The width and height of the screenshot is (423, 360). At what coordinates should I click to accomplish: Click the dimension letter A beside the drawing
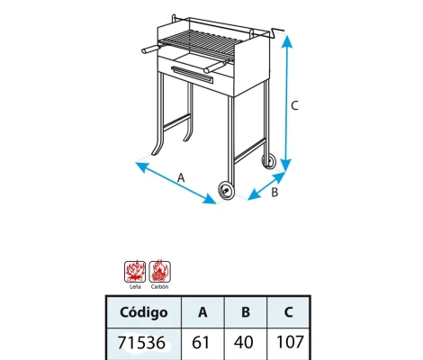coord(181,177)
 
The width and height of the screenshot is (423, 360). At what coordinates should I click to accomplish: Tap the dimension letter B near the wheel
coord(275,191)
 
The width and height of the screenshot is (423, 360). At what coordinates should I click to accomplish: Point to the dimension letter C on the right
coord(296,105)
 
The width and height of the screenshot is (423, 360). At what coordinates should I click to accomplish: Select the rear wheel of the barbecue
coord(269,161)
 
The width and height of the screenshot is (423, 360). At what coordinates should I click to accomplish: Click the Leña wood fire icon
coord(134,270)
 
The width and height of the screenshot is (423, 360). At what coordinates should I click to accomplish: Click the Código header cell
coord(143,312)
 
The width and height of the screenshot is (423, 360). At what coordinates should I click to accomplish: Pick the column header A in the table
coord(202,312)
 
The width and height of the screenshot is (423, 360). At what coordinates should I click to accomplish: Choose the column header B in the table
coord(244,312)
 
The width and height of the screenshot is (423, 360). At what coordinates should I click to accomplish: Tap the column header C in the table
coord(287,312)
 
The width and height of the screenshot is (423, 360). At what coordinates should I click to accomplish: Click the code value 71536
coord(143,344)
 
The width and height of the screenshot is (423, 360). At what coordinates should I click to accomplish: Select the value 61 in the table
coord(202,344)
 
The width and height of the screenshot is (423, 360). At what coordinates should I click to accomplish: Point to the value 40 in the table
coord(244,344)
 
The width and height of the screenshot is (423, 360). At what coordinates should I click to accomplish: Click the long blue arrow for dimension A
coord(175,183)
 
